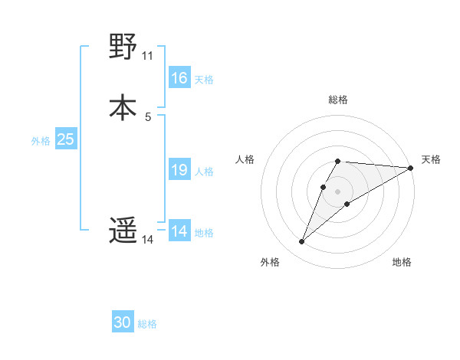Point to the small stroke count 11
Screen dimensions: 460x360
[148, 56]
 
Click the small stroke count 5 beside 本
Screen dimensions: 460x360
[148, 116]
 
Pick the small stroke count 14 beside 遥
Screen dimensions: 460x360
[148, 240]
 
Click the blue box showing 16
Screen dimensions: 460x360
[179, 78]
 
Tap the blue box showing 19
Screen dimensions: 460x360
[179, 170]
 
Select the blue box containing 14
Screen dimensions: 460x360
[179, 231]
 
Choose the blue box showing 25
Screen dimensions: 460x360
[65, 139]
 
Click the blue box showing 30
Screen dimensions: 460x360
[123, 323]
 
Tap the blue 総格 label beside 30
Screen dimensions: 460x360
[148, 324]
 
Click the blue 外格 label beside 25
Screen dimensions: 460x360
[41, 140]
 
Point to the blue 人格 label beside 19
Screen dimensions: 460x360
[204, 171]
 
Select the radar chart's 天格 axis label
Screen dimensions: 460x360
[431, 159]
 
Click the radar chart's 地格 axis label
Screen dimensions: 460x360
[402, 262]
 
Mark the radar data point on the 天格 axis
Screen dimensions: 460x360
[411, 168]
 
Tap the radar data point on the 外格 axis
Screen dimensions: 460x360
[301, 242]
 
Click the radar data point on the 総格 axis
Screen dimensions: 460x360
[338, 162]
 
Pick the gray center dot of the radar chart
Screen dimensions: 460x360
[338, 191]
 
